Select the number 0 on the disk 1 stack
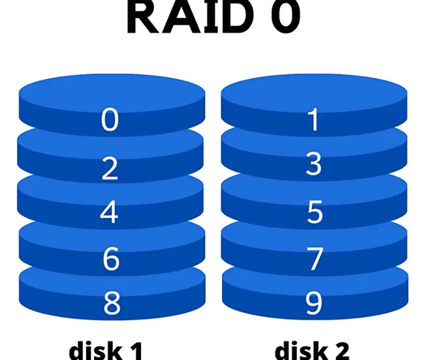point(110,121)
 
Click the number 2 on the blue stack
point(110,169)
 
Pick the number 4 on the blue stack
point(110,213)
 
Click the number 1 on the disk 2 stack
point(314,121)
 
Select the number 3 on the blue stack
point(314,165)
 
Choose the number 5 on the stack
point(314,212)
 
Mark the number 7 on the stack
point(315,259)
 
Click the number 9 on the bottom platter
point(314,303)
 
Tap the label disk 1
point(106,351)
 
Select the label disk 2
point(312,351)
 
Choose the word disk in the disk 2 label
point(299,351)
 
